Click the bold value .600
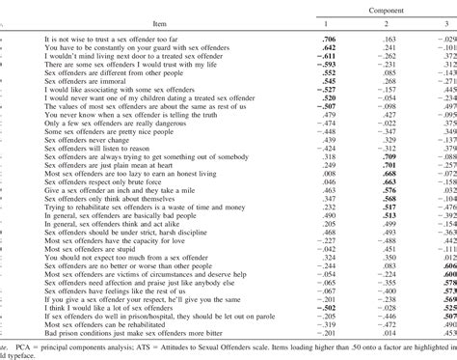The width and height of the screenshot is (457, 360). [x=448, y=274]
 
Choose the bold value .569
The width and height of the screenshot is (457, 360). [x=448, y=302]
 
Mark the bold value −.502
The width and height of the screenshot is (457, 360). [x=327, y=311]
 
